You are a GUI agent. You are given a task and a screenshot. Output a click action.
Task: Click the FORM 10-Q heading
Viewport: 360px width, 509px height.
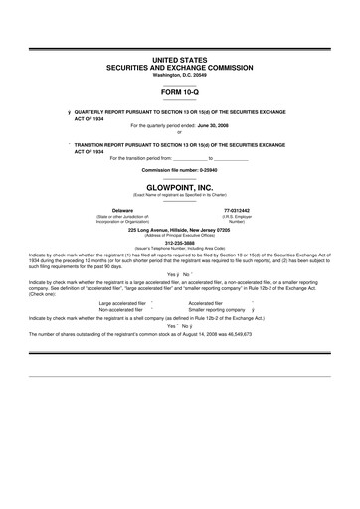click(180, 91)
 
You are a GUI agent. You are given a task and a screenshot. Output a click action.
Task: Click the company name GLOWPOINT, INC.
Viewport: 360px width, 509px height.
click(180, 185)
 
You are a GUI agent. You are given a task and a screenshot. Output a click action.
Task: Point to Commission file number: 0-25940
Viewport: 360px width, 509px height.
click(180, 170)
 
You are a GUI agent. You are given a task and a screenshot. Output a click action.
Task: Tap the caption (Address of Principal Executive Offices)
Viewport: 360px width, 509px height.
click(180, 235)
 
